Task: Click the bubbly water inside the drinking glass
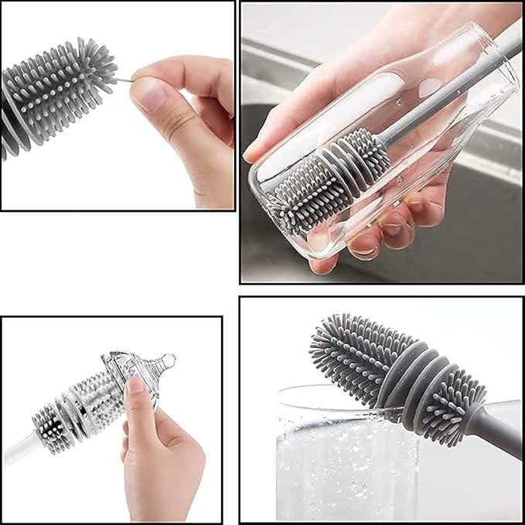tap(332, 464)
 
